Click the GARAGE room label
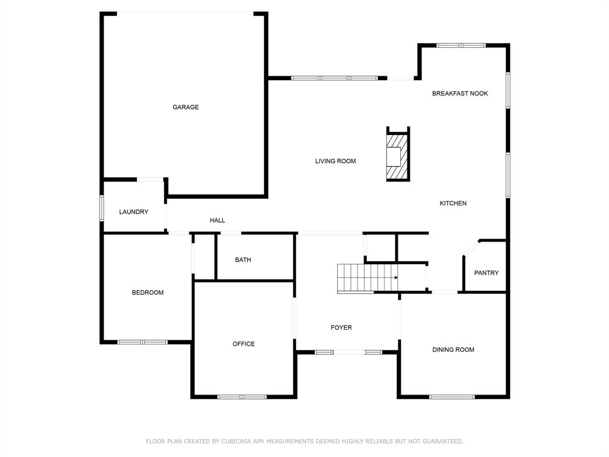186,107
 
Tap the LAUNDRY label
134,212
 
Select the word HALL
217,220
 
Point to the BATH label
243,260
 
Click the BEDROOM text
147,293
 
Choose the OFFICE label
243,344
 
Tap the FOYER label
341,328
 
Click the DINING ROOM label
453,350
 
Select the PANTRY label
486,273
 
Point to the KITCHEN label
453,204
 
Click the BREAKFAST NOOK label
460,93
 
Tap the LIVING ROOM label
335,161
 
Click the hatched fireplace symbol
397,156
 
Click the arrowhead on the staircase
396,278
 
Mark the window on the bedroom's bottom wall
143,342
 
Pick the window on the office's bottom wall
242,397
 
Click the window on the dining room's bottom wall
452,397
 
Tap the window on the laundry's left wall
102,208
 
